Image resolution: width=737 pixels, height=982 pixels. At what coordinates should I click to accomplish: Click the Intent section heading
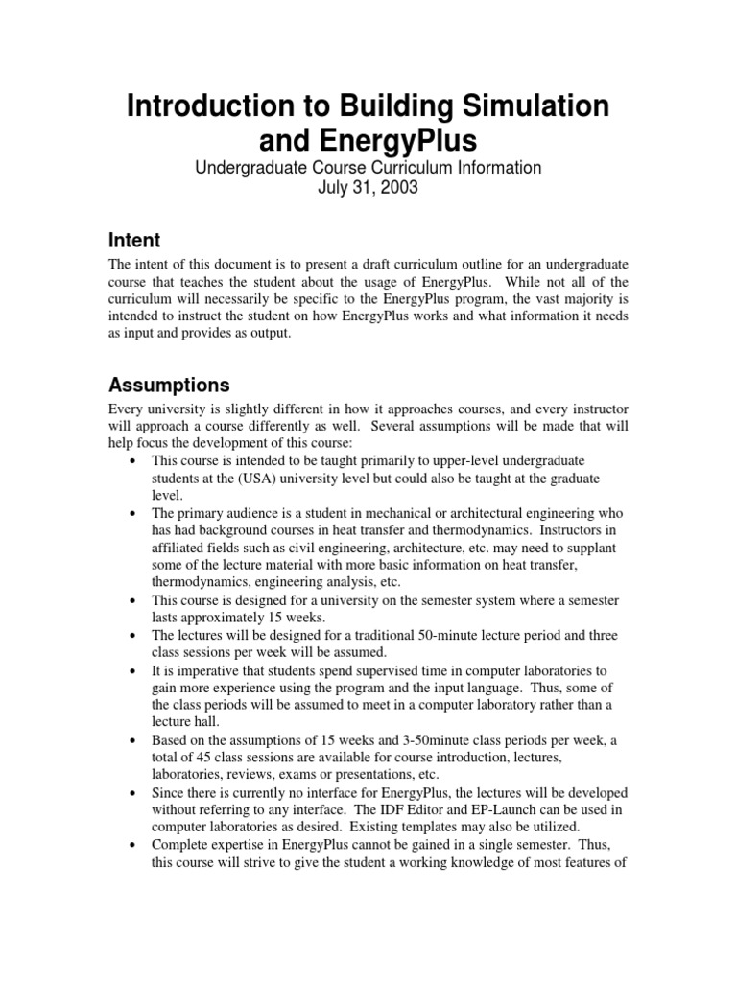pos(134,240)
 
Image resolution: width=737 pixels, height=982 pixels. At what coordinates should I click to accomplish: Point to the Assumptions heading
pos(169,386)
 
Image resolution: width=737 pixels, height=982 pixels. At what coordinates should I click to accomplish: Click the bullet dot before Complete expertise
pos(131,844)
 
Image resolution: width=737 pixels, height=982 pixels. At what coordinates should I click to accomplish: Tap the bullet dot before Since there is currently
pos(131,792)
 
